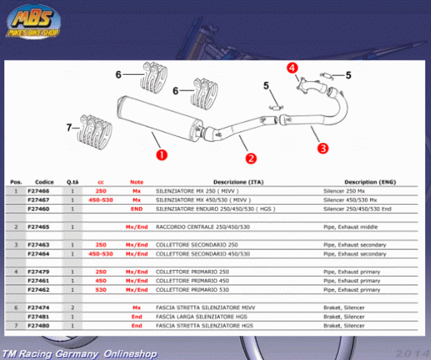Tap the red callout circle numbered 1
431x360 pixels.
pyautogui.click(x=162, y=153)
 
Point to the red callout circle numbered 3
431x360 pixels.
pyautogui.click(x=323, y=148)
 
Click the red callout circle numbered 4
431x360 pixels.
pyautogui.click(x=292, y=68)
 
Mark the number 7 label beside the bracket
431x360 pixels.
pyautogui.click(x=70, y=128)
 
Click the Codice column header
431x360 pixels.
pyautogui.click(x=44, y=182)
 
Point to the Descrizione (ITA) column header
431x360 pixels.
pyautogui.click(x=236, y=182)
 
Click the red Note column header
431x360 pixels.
pyautogui.click(x=136, y=182)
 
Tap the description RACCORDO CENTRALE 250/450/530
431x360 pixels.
pyautogui.click(x=203, y=226)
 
